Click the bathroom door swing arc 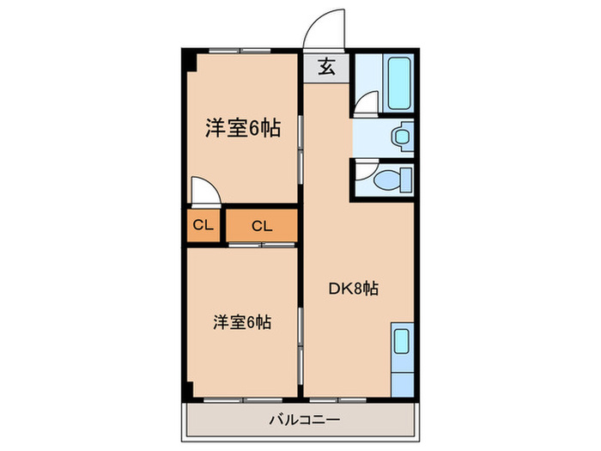pyautogui.click(x=365, y=103)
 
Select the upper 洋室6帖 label pyautogui.click(x=243, y=129)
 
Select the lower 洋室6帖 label pyautogui.click(x=243, y=323)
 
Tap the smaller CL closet pyautogui.click(x=203, y=226)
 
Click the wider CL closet pyautogui.click(x=262, y=226)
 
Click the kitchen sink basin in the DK pyautogui.click(x=402, y=342)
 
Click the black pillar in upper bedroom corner pyautogui.click(x=190, y=63)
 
